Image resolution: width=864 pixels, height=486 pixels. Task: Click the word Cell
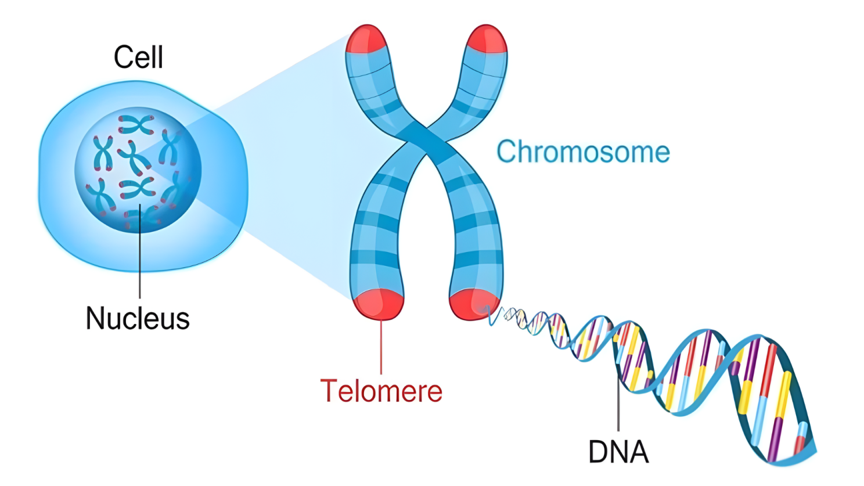[x=138, y=57]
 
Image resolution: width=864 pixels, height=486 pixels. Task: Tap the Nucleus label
[x=138, y=318]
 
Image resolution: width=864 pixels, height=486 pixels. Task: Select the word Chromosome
[x=583, y=152]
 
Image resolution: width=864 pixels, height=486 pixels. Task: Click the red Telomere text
[x=381, y=391]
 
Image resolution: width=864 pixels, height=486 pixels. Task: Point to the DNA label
[x=618, y=452]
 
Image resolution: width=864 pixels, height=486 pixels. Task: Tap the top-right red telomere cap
[x=487, y=39]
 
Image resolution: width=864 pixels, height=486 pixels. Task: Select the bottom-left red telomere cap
[x=379, y=304]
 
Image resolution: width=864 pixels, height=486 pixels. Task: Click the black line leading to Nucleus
[x=140, y=255]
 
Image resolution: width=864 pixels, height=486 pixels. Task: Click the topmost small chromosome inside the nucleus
[x=136, y=124]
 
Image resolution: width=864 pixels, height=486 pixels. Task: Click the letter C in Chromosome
[x=506, y=152]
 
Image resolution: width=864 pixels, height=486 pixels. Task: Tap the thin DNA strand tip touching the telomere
[x=492, y=316]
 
